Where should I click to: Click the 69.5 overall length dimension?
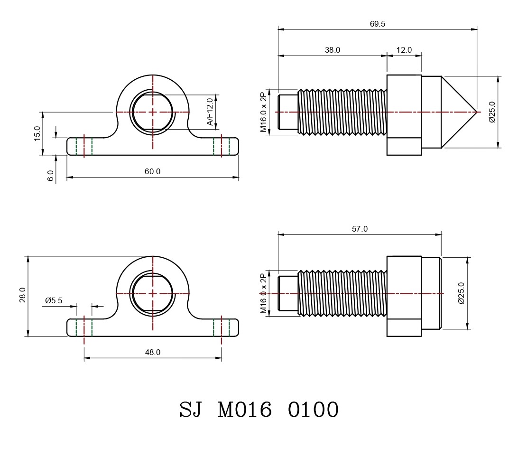378,24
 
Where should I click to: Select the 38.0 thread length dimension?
333,50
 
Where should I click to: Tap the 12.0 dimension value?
404,50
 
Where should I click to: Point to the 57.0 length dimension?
360,229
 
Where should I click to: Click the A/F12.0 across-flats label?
210,112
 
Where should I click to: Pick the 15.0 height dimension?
37,133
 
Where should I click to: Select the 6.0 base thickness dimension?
50,176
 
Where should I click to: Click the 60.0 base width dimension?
153,171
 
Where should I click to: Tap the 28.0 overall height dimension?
22,295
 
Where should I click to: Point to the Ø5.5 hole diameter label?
54,300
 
